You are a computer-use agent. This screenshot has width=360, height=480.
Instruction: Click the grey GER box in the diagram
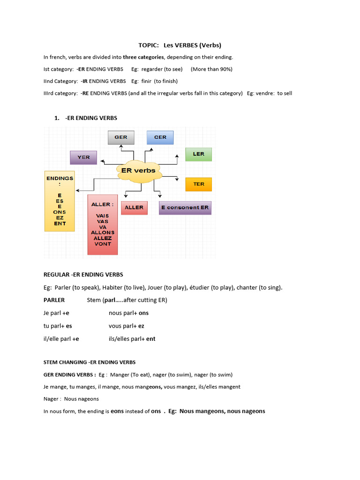[121, 137]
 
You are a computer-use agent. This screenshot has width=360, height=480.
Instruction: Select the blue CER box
[160, 137]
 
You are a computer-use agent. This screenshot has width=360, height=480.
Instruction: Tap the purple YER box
[83, 157]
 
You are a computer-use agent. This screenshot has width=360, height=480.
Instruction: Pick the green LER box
[199, 154]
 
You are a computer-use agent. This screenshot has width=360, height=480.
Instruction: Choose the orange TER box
[199, 184]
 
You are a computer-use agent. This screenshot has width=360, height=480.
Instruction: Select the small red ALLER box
[134, 208]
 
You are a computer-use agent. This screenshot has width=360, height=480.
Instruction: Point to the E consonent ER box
[185, 208]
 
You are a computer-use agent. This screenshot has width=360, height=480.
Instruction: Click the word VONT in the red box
[103, 244]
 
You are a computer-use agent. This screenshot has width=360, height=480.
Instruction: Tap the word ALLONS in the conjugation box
[103, 232]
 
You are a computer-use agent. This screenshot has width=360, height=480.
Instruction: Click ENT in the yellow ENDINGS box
[60, 224]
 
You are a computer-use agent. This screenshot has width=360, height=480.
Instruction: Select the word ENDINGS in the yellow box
[60, 178]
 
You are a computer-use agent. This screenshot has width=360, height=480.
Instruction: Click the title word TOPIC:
[149, 45]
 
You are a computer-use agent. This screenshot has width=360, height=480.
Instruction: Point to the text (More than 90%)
[211, 69]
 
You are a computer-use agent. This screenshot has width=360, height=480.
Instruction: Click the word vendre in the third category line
[265, 93]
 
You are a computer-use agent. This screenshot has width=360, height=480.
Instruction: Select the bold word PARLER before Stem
[54, 300]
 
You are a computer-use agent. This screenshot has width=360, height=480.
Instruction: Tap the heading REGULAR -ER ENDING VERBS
[83, 275]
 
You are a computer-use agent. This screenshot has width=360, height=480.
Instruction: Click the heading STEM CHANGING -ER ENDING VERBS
[90, 362]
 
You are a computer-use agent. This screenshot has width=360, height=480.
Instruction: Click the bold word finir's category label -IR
[84, 82]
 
